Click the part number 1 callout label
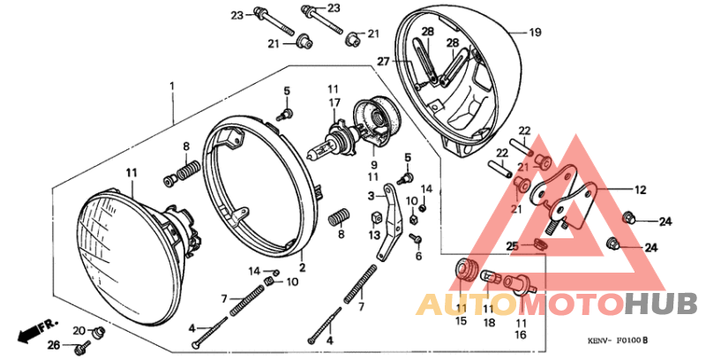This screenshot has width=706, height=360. click(172, 86)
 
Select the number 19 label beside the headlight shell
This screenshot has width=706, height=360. click(535, 33)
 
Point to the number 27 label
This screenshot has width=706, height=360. click(384, 62)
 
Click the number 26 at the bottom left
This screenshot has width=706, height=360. click(52, 344)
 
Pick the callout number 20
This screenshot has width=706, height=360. click(78, 330)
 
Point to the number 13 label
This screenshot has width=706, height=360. click(374, 236)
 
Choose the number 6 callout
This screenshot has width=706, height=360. click(418, 257)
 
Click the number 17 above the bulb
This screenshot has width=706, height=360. click(334, 103)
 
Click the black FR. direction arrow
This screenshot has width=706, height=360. click(32, 330)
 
